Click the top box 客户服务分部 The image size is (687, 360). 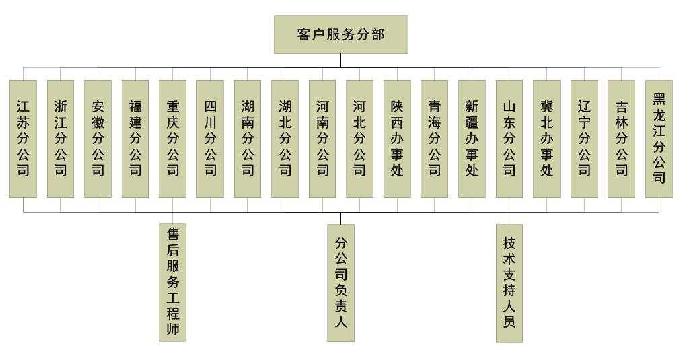point(340,34)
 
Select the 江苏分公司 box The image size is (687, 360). point(23,139)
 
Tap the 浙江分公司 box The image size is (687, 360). point(61,139)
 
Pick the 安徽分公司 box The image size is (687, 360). point(98,139)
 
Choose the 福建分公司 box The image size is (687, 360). point(135,139)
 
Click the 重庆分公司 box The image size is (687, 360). point(172,139)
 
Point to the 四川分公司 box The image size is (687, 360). point(210,139)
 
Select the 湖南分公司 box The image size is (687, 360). point(248,139)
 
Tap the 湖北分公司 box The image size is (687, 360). point(285,139)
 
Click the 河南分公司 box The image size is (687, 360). point(322,139)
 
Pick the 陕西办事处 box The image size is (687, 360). point(397,139)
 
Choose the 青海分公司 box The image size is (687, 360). point(434,139)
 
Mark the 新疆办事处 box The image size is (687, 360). point(472,139)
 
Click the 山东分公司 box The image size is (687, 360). point(509,139)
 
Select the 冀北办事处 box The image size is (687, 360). point(546,139)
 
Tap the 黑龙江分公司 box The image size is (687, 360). point(659,139)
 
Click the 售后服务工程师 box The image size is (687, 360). point(172,283)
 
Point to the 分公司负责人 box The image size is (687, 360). point(340,283)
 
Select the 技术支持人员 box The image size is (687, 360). point(509,283)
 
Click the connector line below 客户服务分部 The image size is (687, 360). point(340,61)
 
